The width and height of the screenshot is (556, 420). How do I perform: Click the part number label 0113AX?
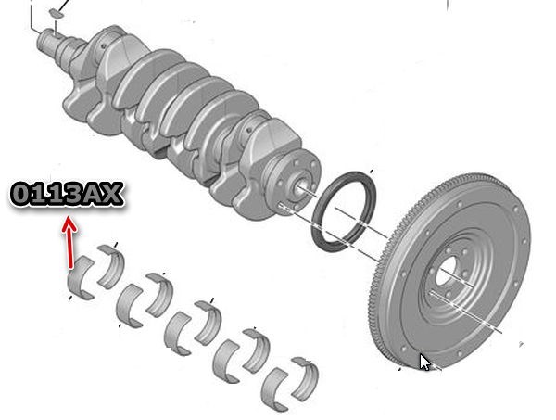click(67, 194)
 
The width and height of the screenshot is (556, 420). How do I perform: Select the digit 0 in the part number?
click(21, 194)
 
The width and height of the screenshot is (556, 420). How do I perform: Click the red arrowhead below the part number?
click(69, 224)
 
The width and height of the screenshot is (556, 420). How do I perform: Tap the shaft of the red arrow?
click(70, 248)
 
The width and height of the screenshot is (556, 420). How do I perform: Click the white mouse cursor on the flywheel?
click(424, 363)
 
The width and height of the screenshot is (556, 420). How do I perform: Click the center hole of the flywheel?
click(446, 271)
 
